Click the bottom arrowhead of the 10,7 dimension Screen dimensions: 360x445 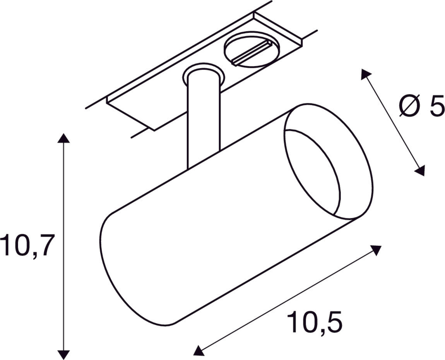pos(63,354)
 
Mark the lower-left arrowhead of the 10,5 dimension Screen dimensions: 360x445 pos(198,351)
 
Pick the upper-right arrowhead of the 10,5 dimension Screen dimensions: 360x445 pos(376,250)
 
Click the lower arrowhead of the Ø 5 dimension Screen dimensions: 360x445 pos(420,171)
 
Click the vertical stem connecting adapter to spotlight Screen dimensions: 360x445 pos(203,120)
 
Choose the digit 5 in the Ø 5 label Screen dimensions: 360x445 pos(436,106)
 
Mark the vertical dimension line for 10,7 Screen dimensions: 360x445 pos(63,194)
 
